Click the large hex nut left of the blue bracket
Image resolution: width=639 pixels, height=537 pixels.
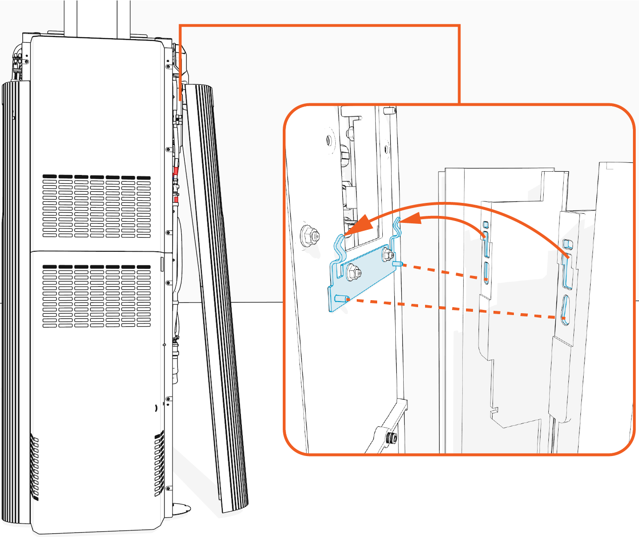pyautogui.click(x=309, y=235)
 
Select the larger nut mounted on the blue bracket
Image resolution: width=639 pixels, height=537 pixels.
pyautogui.click(x=352, y=272)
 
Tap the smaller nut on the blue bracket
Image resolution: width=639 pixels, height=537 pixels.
pyautogui.click(x=387, y=255)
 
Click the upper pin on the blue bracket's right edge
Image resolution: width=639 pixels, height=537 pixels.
pyautogui.click(x=398, y=264)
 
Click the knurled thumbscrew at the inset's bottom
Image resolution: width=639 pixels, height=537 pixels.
pyautogui.click(x=392, y=437)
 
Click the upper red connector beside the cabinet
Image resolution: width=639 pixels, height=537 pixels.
pyautogui.click(x=176, y=172)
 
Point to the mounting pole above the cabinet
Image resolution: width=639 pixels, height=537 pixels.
pyautogui.click(x=97, y=17)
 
